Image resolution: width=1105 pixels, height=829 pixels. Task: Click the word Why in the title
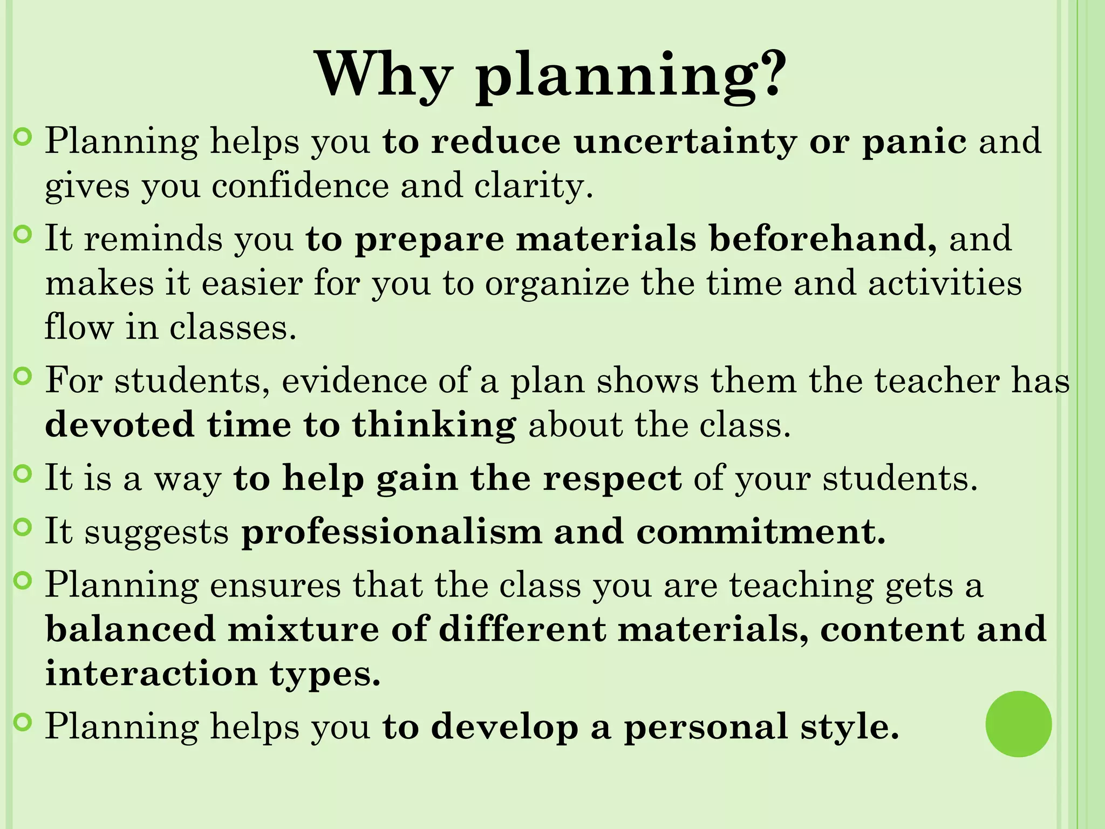tap(383, 74)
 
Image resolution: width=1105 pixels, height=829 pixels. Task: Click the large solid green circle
tap(1018, 724)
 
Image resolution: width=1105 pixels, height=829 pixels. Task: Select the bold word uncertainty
tap(685, 141)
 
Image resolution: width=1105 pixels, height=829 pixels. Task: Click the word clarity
tap(534, 186)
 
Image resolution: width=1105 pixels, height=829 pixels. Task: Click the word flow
tap(79, 327)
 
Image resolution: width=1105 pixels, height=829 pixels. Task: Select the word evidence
tap(354, 380)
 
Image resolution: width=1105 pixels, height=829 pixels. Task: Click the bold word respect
tap(612, 478)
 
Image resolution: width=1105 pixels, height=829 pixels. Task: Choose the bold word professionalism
tap(391, 532)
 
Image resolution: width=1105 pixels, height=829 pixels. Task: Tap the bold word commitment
tap(761, 532)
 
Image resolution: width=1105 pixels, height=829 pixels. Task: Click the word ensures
tap(275, 585)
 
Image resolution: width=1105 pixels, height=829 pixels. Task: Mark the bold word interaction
tap(152, 674)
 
